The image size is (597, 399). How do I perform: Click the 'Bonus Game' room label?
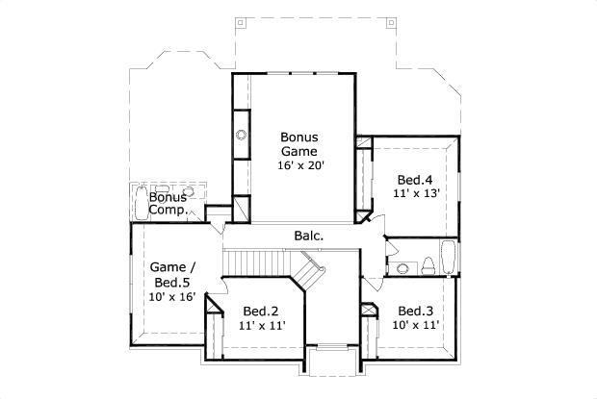point(298,143)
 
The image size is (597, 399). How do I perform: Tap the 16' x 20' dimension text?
point(298,164)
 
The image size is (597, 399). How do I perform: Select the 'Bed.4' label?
point(416,180)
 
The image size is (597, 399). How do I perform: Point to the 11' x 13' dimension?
point(416,193)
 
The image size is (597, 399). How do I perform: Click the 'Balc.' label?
point(308,236)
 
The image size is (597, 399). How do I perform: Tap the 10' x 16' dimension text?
point(172,296)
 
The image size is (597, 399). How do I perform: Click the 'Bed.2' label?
point(260,311)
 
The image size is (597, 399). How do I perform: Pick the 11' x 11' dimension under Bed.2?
point(260,325)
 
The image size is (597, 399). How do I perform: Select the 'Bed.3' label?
point(416,311)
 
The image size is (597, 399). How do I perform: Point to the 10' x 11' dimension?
point(416,325)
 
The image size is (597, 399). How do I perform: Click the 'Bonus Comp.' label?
point(168,203)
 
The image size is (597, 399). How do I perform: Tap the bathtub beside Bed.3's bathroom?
point(448,261)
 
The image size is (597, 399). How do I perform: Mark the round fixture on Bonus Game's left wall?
point(241,136)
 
